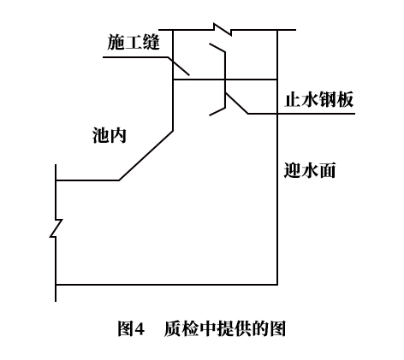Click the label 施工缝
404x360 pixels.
[134, 42]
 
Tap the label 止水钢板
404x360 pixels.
[319, 99]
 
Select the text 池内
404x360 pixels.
[110, 135]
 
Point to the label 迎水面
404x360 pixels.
[310, 170]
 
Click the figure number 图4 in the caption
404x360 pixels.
[131, 328]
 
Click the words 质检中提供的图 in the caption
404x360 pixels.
[225, 328]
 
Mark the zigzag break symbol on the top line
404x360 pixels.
[223, 29]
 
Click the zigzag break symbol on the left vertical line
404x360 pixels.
[56, 228]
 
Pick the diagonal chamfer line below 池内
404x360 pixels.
[146, 156]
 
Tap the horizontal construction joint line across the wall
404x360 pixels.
[225, 80]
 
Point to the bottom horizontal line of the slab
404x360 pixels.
[166, 285]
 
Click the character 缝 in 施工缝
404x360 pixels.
[151, 42]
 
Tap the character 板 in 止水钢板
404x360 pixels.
[345, 99]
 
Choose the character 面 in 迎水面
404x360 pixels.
[327, 170]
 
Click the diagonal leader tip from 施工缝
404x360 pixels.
[189, 75]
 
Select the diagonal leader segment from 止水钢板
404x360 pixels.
[236, 103]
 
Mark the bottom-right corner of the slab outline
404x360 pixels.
[277, 285]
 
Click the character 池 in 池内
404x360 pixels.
[101, 135]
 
